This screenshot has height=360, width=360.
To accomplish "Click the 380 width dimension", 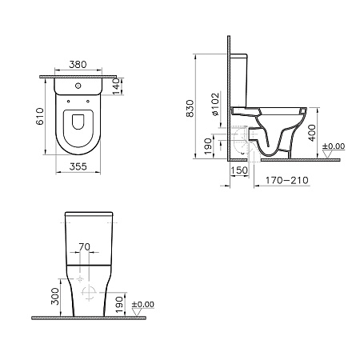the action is [x=78, y=65].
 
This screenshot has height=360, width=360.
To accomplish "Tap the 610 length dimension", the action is [x=40, y=117].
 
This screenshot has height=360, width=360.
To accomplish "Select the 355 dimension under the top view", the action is [x=78, y=166].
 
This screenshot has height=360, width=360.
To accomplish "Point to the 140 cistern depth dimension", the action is [x=117, y=86].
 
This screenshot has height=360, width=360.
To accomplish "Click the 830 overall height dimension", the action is [x=190, y=109].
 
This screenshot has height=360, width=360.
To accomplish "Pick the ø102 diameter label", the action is [x=215, y=104].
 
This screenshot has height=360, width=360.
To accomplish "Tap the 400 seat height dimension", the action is [x=311, y=133].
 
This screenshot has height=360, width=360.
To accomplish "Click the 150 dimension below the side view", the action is [x=239, y=170].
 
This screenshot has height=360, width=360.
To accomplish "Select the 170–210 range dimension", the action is [x=287, y=181].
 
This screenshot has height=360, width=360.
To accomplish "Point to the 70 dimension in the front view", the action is [x=84, y=247].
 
